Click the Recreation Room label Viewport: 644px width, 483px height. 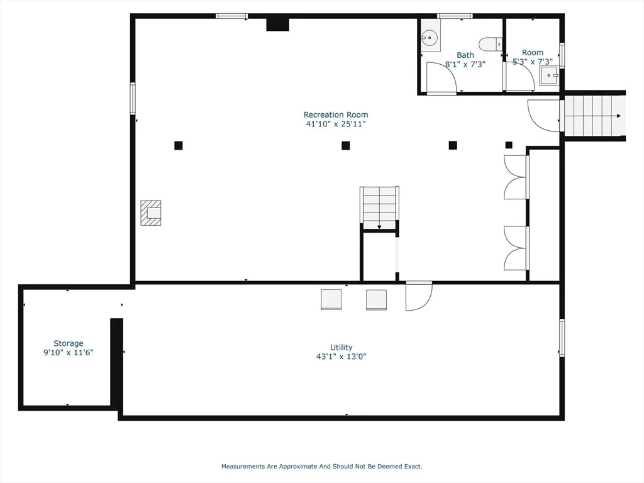click(336, 114)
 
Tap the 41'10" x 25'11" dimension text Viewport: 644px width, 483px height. click(336, 124)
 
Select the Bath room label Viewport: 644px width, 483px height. click(465, 55)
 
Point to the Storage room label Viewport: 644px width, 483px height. click(68, 343)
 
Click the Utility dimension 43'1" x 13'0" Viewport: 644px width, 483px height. click(341, 357)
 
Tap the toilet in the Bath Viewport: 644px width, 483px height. click(491, 43)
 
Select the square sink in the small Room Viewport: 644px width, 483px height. click(549, 75)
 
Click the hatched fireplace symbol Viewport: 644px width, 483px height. click(151, 213)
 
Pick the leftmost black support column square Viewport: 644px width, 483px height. click(178, 145)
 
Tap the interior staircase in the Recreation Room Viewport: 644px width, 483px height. click(379, 208)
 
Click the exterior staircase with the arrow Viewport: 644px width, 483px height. click(593, 116)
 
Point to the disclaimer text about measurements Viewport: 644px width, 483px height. click(321, 466)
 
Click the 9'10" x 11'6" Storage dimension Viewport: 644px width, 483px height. click(69, 352)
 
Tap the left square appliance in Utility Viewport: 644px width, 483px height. click(331, 299)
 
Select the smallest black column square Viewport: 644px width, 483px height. click(509, 145)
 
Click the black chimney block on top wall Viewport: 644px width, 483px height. click(277, 25)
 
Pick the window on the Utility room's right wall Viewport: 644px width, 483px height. click(562, 338)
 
